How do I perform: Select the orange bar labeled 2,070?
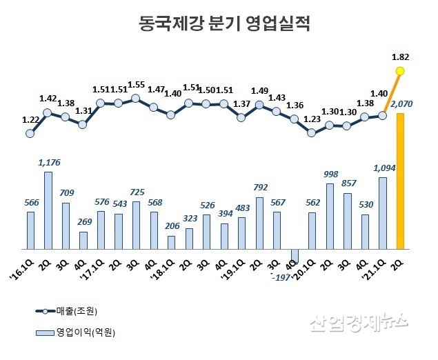pos(399,181)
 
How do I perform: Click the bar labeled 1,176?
pos(48,210)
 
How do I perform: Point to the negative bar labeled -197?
pos(294,255)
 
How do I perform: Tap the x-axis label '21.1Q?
pos(379,263)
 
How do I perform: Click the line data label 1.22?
pos(30,119)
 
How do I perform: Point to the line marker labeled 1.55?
pos(135,98)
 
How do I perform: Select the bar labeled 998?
pos(329,216)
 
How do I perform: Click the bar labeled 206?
pos(170,242)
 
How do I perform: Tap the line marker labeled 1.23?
pos(311,133)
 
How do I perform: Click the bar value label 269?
pos(83,221)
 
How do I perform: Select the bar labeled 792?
pos(259,223)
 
